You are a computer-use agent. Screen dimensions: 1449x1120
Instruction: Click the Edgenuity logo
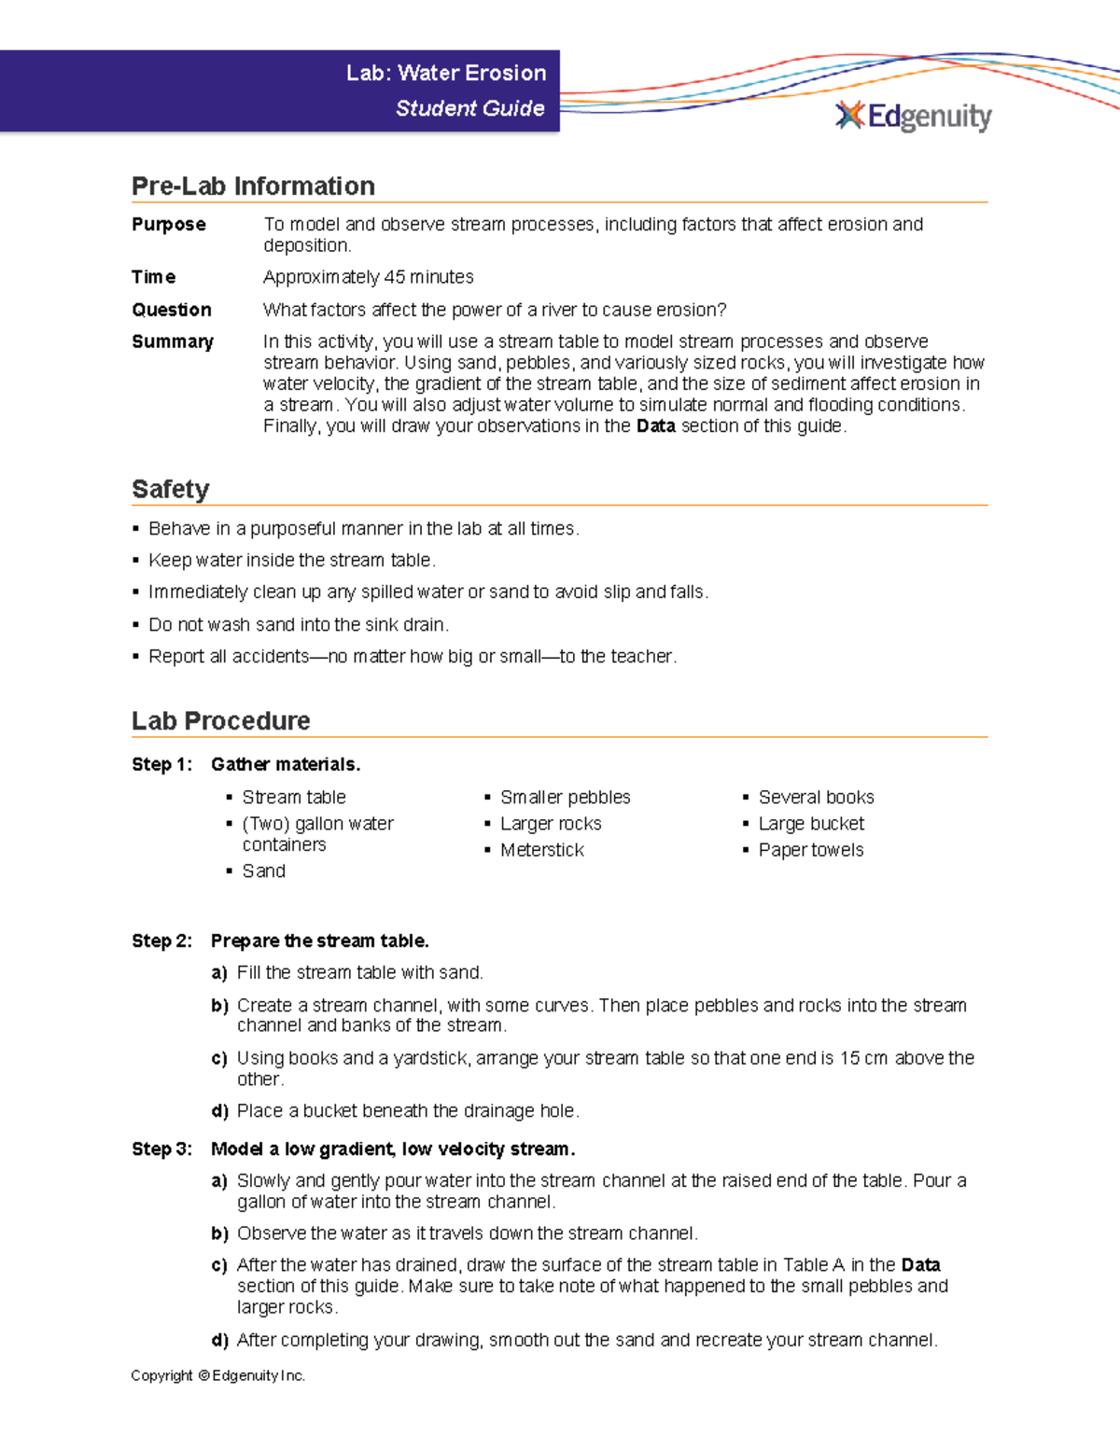click(914, 116)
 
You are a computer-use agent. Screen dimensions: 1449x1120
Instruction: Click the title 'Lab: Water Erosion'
click(445, 73)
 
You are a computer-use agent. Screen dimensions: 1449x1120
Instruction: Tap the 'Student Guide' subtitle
click(469, 108)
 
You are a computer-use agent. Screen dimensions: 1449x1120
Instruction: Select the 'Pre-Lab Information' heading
click(253, 186)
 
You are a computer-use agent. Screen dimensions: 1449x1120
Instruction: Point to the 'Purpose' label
click(169, 224)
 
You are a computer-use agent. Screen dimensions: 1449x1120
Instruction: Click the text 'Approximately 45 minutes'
click(368, 277)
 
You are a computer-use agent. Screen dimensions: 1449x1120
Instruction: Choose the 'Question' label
click(172, 310)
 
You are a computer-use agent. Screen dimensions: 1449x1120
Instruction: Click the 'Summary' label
click(173, 341)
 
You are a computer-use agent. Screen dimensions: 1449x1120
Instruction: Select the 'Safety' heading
click(170, 489)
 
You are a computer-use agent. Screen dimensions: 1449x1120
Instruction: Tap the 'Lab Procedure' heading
click(220, 720)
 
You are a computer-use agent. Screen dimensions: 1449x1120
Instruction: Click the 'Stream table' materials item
click(293, 797)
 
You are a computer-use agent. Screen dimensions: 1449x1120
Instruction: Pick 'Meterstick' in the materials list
click(541, 850)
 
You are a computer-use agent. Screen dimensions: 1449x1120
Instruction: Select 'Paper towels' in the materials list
click(810, 850)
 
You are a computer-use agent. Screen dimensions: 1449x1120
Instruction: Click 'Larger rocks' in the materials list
click(551, 824)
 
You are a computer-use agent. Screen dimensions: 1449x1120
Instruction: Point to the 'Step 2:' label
click(161, 940)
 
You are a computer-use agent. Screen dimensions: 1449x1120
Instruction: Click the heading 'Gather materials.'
click(286, 764)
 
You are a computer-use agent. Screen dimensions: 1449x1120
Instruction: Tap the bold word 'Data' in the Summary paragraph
click(655, 426)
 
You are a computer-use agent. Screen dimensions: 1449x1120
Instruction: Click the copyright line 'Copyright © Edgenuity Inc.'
click(217, 1375)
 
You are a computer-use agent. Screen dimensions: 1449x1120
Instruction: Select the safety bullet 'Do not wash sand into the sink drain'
click(298, 624)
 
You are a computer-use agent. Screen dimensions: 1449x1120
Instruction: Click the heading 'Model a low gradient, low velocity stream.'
click(393, 1149)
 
